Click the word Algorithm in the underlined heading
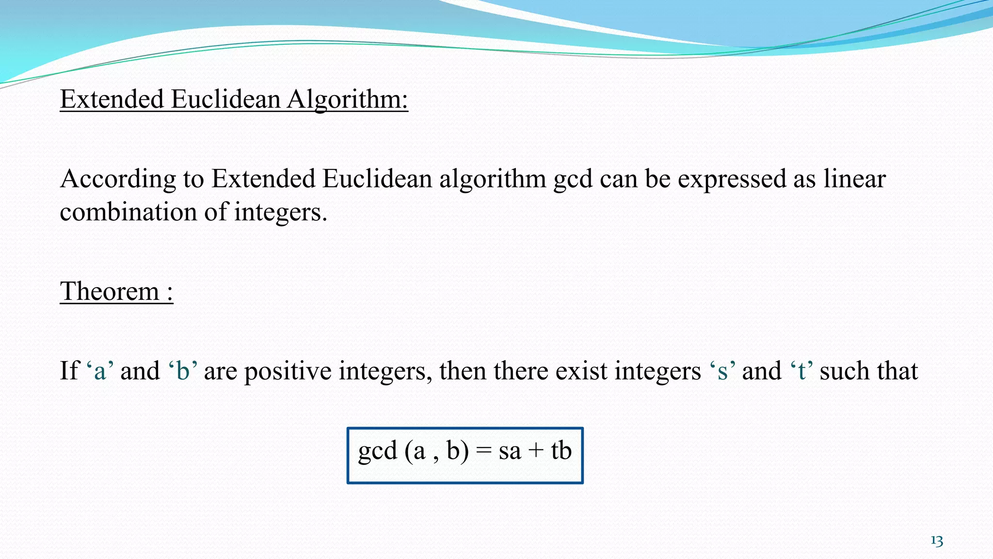click(x=347, y=100)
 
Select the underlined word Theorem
click(x=110, y=292)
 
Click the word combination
click(x=128, y=213)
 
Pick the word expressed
click(x=732, y=180)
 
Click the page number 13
click(x=937, y=541)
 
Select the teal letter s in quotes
click(x=722, y=372)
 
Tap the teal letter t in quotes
click(x=802, y=372)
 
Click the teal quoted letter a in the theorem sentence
click(x=100, y=372)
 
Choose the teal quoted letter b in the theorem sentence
click(x=183, y=371)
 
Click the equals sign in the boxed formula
click(x=483, y=451)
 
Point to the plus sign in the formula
click(x=536, y=451)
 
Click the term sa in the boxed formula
click(x=510, y=451)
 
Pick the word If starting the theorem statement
click(x=69, y=371)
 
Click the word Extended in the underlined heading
click(x=112, y=100)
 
